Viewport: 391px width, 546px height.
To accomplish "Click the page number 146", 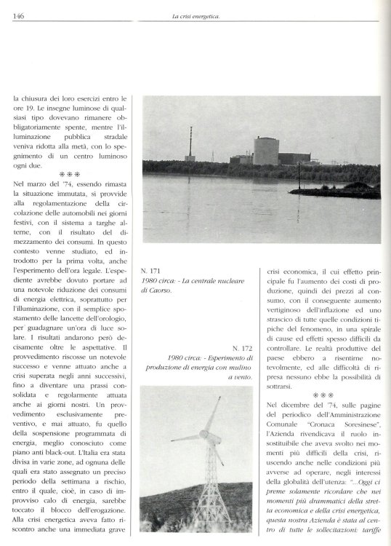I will pos(17,6).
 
